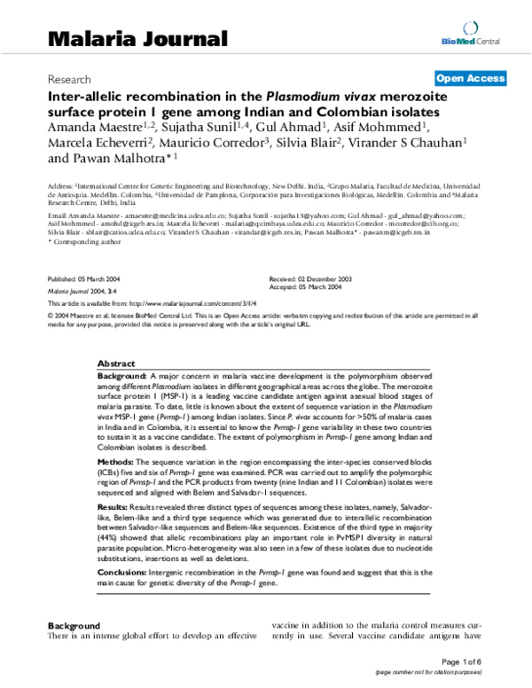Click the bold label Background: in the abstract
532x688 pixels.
tap(121, 377)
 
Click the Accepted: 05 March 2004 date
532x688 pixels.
tap(305, 286)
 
